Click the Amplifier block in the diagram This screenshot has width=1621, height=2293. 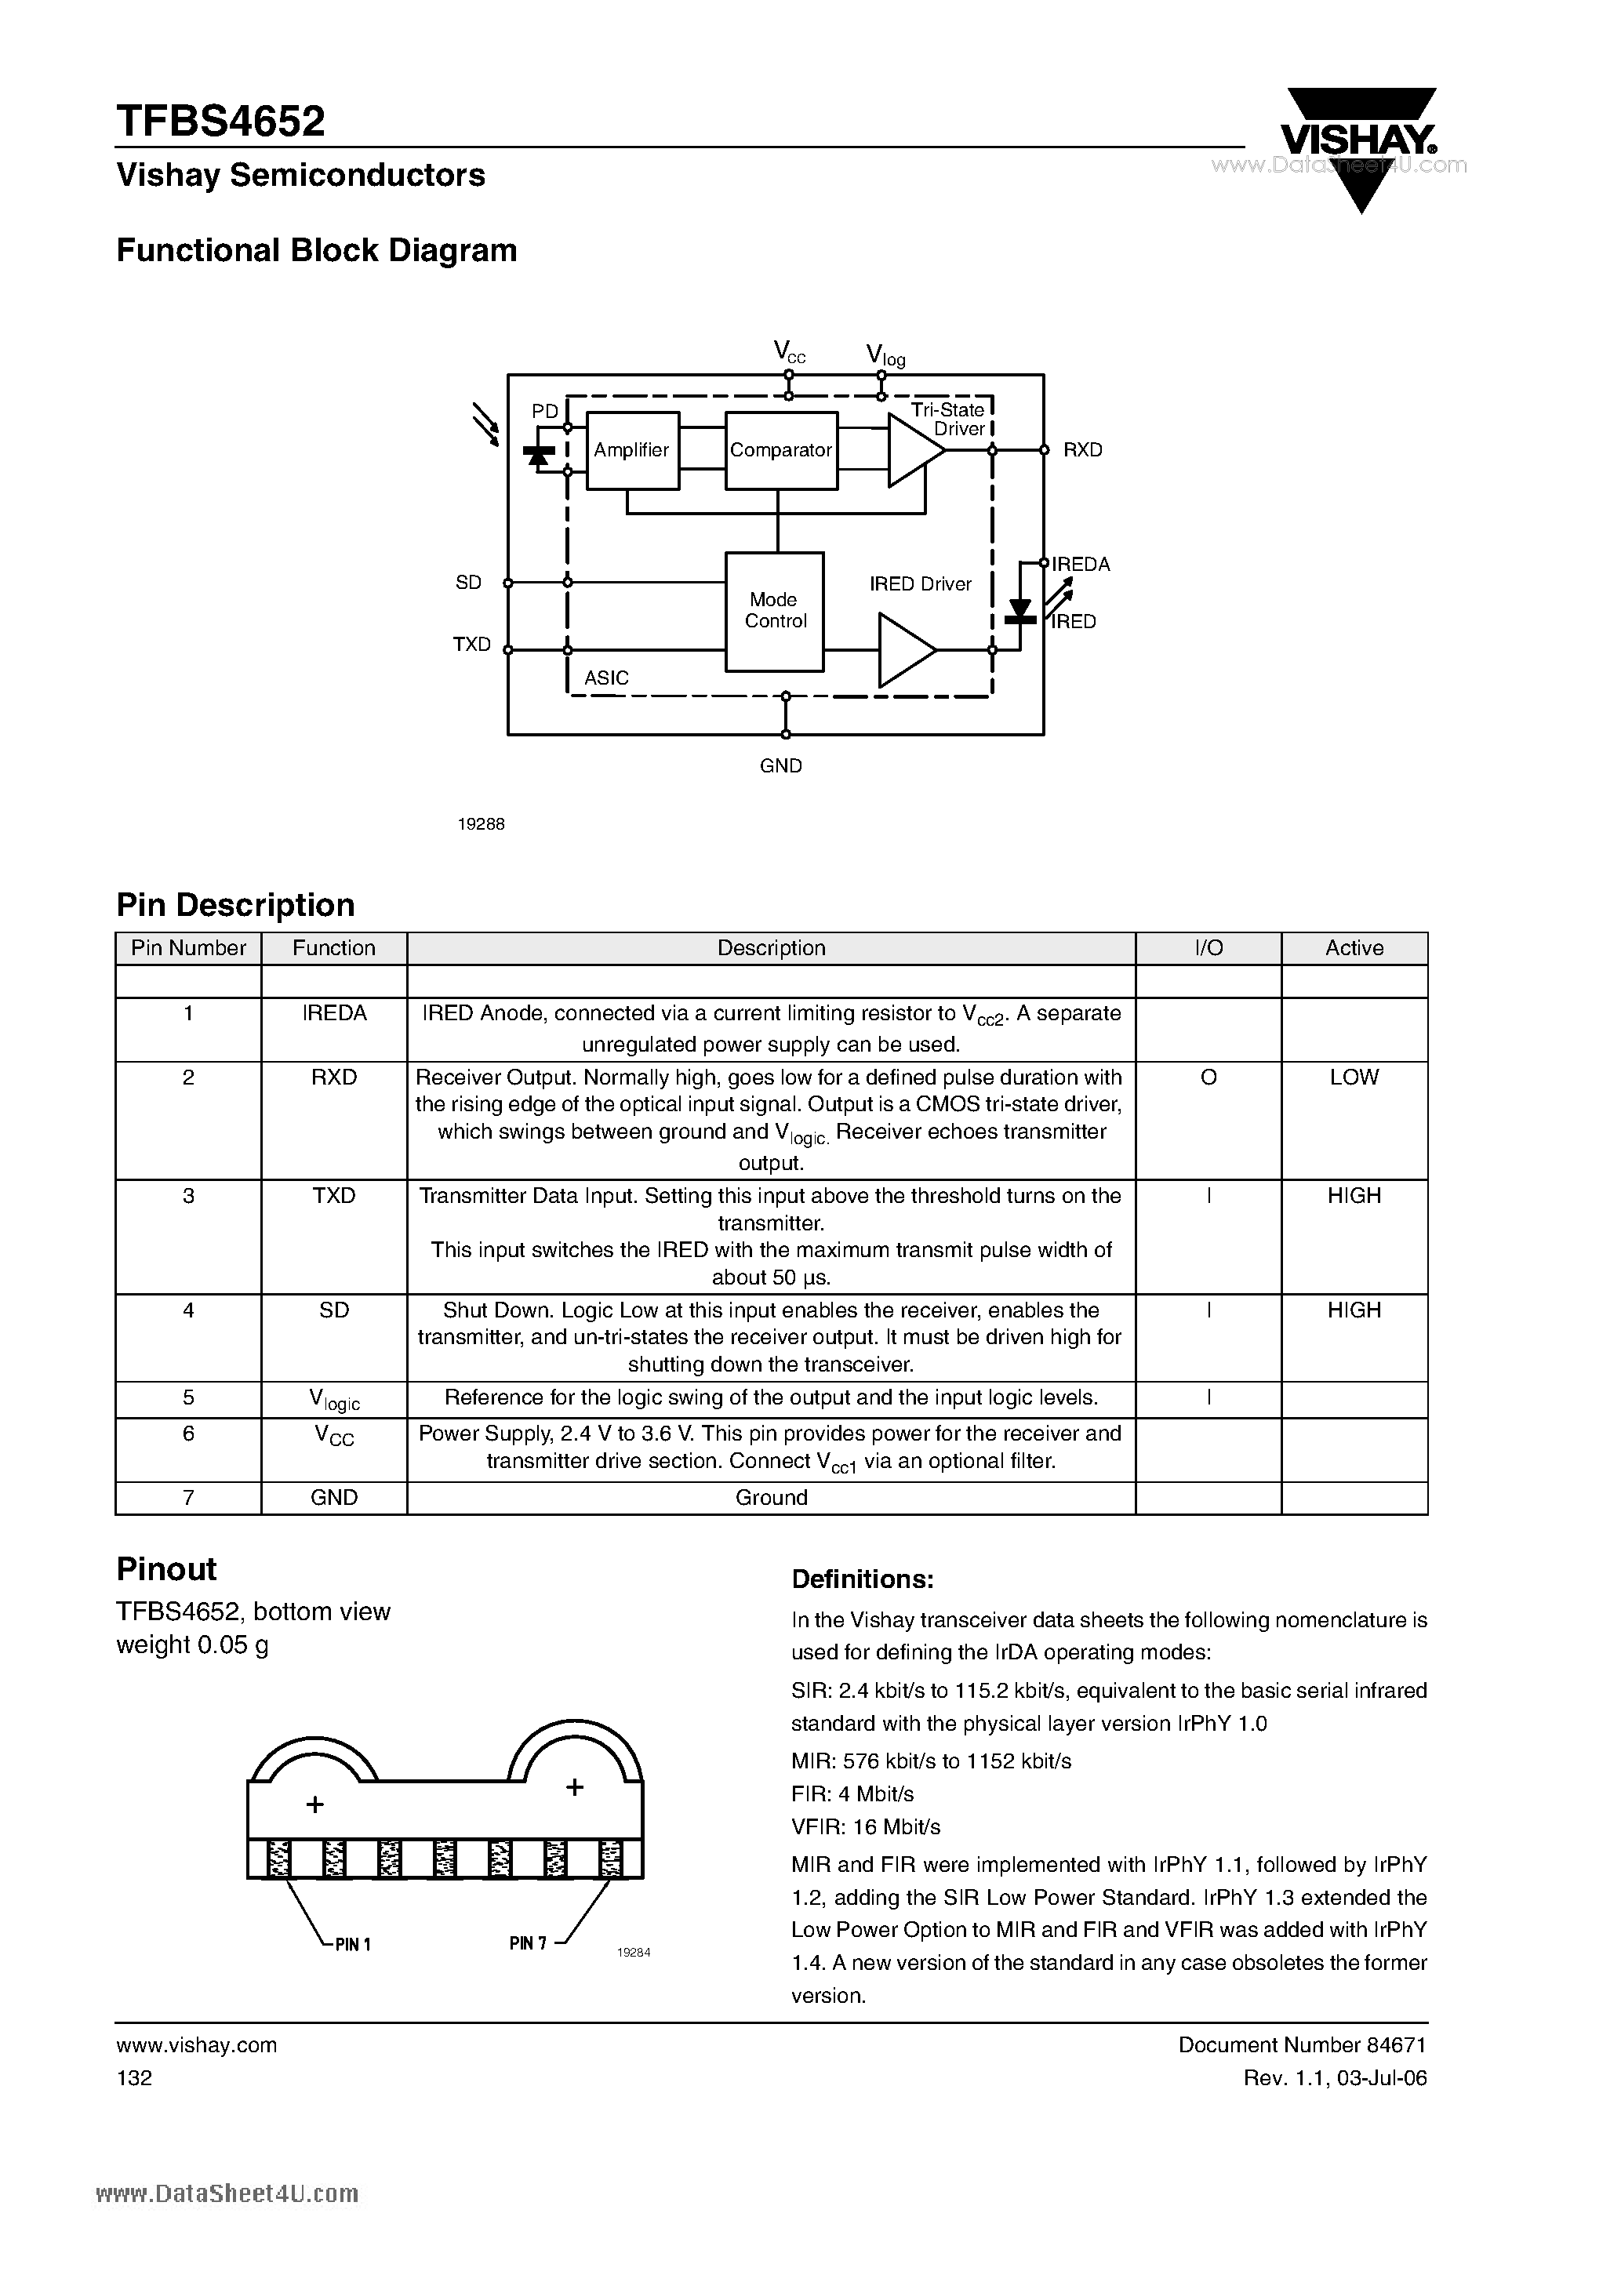[x=632, y=450]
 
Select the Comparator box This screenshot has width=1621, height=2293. [x=780, y=450]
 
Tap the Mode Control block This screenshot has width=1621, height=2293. [x=774, y=611]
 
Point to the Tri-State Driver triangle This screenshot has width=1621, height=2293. [x=913, y=450]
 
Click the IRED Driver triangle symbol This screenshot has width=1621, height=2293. [x=905, y=650]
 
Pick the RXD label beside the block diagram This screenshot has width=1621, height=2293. [x=1083, y=450]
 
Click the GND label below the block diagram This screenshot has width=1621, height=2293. [x=781, y=766]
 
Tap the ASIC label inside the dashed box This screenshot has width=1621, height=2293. [x=606, y=678]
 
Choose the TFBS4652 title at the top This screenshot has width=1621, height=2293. [x=220, y=122]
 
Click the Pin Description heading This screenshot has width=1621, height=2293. [x=236, y=905]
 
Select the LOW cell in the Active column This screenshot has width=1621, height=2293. [x=1354, y=1077]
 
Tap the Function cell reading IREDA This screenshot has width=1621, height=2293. [x=333, y=1014]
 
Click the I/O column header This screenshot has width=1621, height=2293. [x=1208, y=948]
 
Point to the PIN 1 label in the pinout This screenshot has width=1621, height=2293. [x=353, y=1945]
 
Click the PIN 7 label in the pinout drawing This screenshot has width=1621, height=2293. [x=529, y=1942]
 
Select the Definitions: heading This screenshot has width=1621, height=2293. [x=862, y=1580]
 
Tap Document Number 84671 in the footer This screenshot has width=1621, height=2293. [x=1303, y=2044]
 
